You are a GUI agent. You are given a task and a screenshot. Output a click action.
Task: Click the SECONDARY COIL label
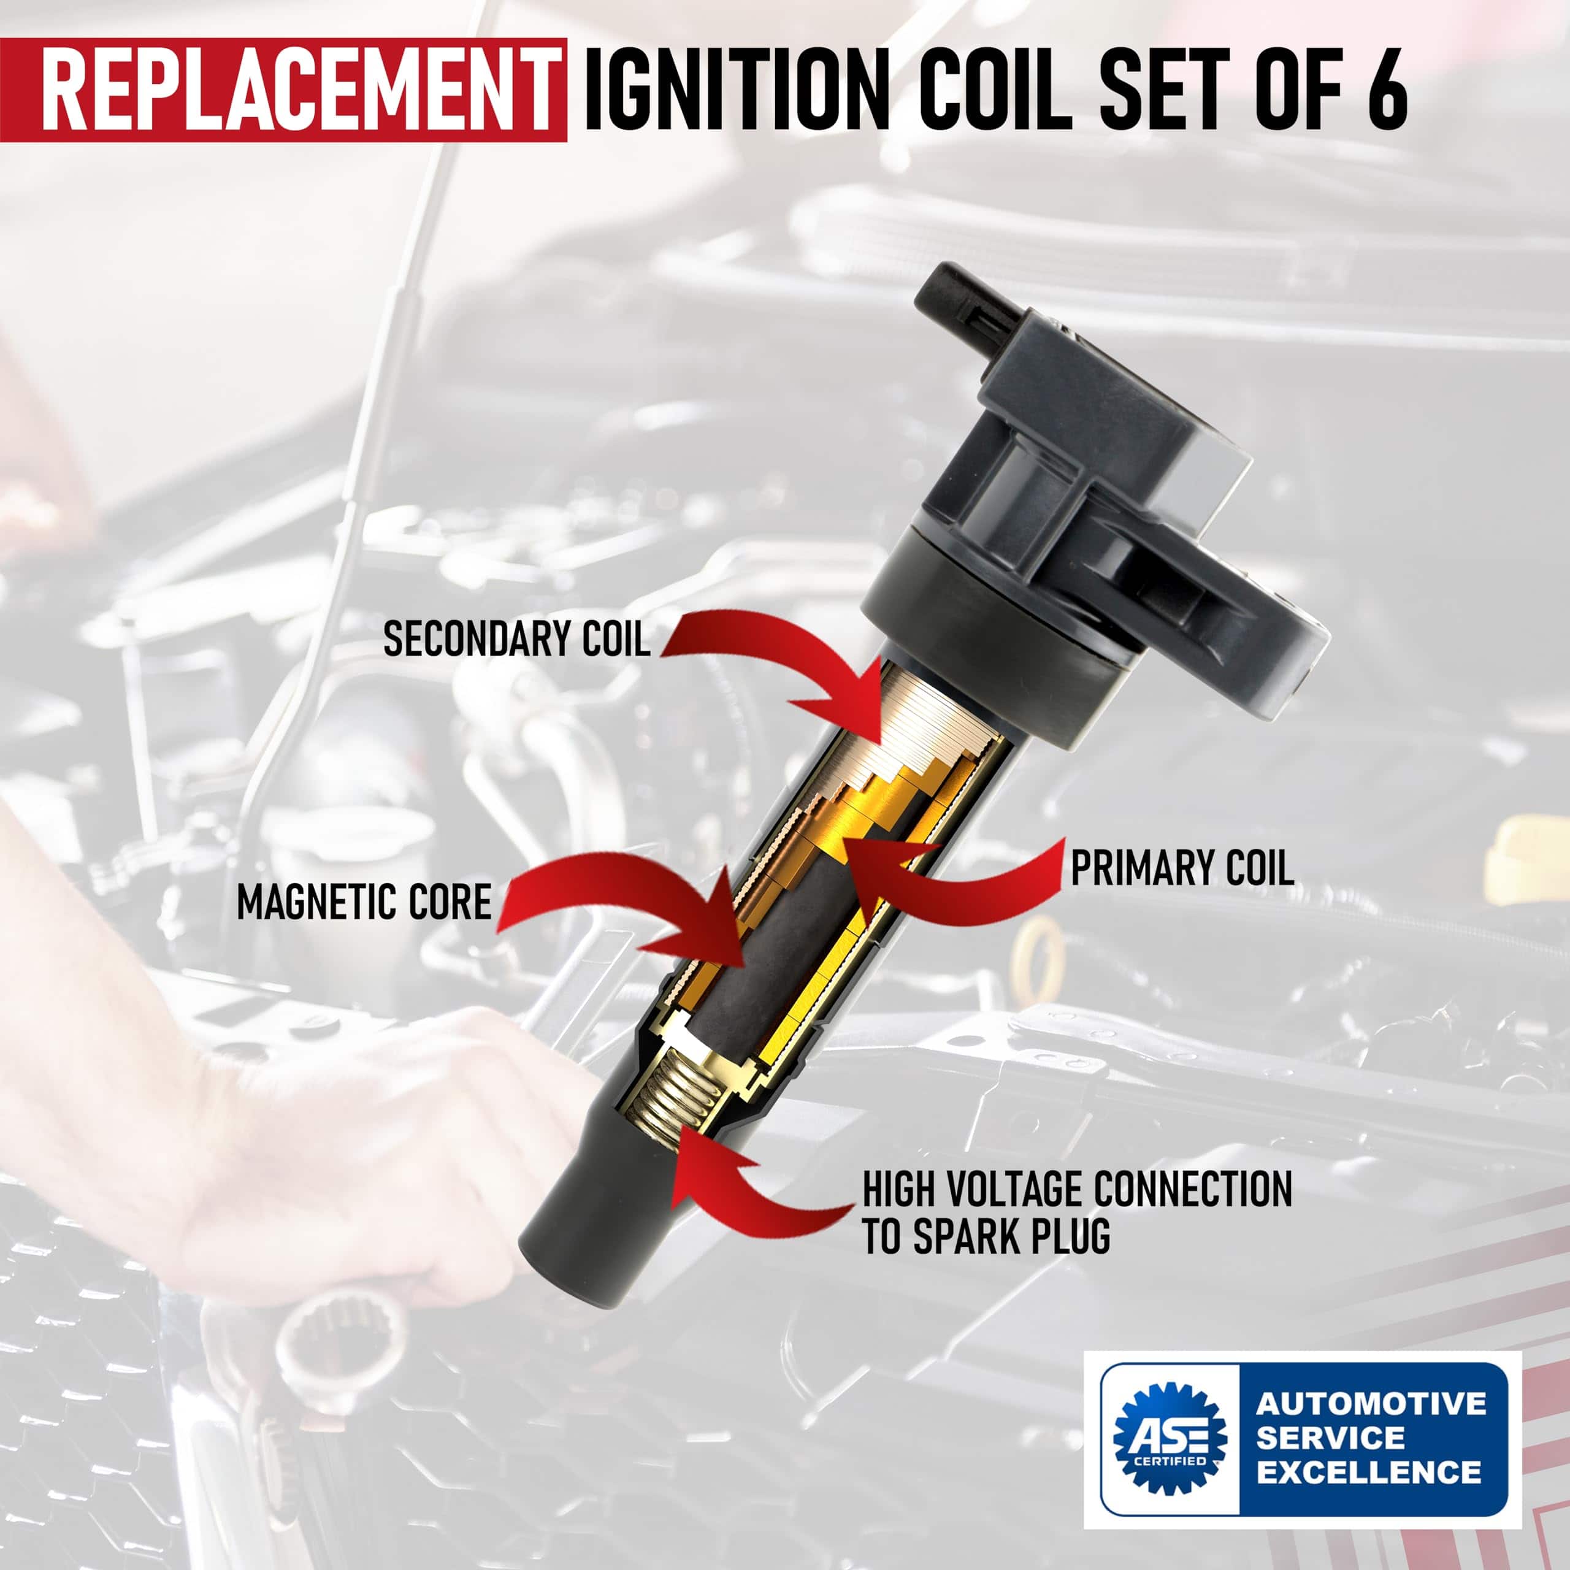517,638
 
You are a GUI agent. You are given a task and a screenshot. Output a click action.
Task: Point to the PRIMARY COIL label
1182,868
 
